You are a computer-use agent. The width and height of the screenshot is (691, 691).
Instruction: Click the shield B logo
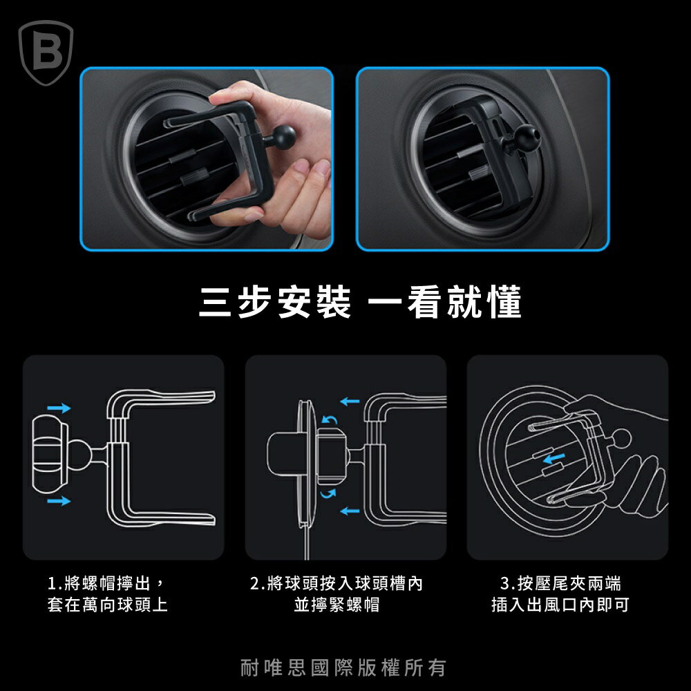pos(46,53)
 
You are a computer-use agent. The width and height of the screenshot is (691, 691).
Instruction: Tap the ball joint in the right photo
pos(527,135)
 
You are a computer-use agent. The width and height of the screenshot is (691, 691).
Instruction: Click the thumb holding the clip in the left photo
pos(238,95)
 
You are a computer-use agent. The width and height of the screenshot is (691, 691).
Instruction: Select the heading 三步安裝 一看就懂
pos(360,302)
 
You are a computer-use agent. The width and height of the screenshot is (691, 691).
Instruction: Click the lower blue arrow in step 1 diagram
pos(59,500)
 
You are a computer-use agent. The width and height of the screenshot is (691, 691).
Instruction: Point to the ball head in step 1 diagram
pos(80,455)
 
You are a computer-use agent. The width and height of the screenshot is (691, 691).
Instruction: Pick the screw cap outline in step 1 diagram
pos(50,455)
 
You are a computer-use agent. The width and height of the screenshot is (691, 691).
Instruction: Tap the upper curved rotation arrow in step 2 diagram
pos(330,419)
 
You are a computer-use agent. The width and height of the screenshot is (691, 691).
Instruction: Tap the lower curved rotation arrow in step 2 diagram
pos(328,493)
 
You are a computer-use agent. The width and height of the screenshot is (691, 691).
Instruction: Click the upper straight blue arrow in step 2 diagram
pos(350,401)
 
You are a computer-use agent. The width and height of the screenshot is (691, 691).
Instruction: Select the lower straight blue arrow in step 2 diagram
pos(350,511)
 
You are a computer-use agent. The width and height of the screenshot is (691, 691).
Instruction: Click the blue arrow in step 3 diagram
pos(554,459)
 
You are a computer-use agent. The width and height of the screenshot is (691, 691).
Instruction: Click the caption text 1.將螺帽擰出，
pos(106,583)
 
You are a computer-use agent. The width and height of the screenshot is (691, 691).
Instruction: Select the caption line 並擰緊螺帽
pos(337,605)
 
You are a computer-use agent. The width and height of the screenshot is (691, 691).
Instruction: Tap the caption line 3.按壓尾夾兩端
pos(560,583)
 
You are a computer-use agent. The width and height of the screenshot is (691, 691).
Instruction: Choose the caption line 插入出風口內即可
pos(560,605)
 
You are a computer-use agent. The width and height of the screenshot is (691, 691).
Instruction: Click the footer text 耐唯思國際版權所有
pos(343,668)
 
